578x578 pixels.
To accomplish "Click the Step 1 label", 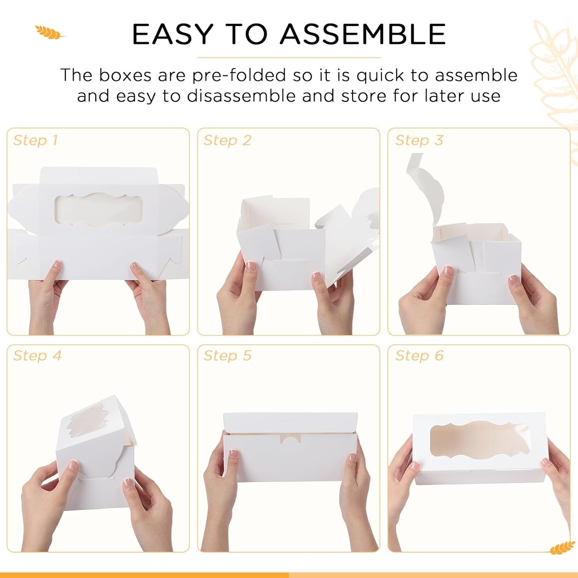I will pyautogui.click(x=35, y=140).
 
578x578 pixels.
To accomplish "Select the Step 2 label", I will pyautogui.click(x=227, y=140).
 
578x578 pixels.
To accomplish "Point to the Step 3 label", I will pyautogui.click(x=419, y=140).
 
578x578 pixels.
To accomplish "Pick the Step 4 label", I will pyautogui.click(x=37, y=355).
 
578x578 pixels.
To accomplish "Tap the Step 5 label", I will pyautogui.click(x=227, y=355).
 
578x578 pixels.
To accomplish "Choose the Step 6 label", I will pyautogui.click(x=419, y=355).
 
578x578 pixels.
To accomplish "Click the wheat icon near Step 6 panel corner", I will pyautogui.click(x=563, y=548).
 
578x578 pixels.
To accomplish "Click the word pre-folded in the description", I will pyautogui.click(x=239, y=75).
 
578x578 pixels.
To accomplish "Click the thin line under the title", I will pyautogui.click(x=289, y=57).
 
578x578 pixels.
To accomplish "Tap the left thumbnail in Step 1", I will pyautogui.click(x=57, y=265).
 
